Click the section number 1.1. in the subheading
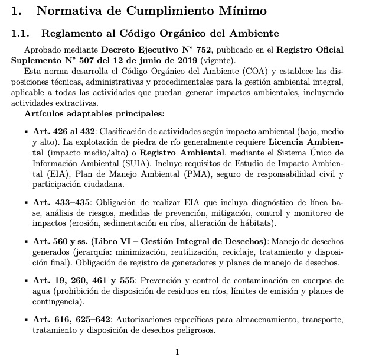[x=24, y=34]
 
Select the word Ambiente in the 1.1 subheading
[x=252, y=34]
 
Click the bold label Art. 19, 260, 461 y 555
[x=76, y=281]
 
